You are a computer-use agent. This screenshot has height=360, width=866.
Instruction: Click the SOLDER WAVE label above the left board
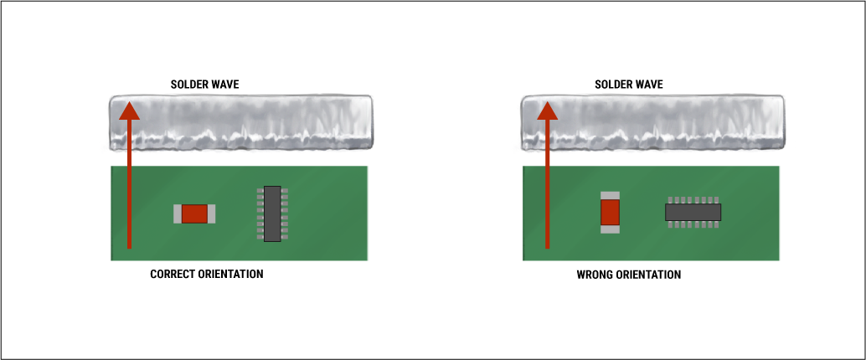[x=205, y=85]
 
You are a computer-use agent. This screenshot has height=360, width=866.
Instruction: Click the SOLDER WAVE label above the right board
[x=629, y=85]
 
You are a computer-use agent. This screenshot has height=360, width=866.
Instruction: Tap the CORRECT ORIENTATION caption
[x=207, y=274]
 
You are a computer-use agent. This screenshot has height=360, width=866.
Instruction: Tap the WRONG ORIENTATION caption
[x=629, y=275]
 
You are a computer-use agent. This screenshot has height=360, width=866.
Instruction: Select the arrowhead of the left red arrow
[x=128, y=109]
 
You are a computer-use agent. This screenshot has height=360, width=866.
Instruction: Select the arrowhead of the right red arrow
[x=547, y=109]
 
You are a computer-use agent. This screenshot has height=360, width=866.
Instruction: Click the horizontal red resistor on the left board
[x=194, y=213]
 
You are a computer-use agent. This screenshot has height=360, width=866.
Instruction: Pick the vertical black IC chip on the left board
[x=272, y=213]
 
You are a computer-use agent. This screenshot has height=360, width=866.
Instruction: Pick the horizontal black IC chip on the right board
[x=693, y=211]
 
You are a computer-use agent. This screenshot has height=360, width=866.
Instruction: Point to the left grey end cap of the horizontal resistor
[x=178, y=213]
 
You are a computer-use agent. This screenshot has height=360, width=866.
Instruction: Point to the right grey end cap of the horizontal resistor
[x=211, y=213]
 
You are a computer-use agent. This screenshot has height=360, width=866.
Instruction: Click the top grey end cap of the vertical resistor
[x=610, y=195]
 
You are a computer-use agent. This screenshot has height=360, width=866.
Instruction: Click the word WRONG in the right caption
[x=594, y=275]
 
